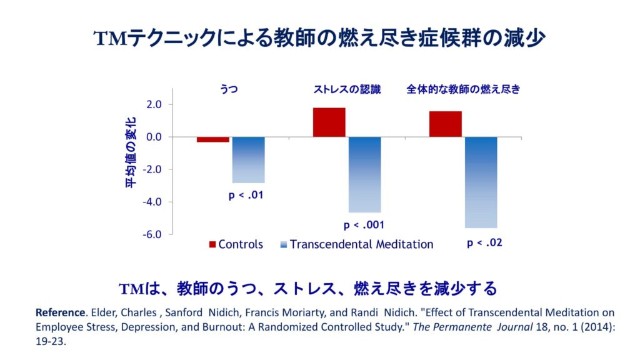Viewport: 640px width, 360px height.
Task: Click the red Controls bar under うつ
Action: [x=212, y=139]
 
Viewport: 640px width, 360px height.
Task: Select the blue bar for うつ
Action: [x=248, y=159]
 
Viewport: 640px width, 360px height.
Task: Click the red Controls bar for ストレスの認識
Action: [x=329, y=122]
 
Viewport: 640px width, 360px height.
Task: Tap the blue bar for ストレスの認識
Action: [x=364, y=174]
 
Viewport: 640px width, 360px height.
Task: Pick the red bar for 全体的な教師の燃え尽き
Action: [x=445, y=124]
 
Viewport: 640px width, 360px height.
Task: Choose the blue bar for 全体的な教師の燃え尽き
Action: [x=481, y=182]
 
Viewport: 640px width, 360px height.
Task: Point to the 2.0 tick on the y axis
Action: [x=154, y=104]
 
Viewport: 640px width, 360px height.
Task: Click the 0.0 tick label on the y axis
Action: [x=154, y=137]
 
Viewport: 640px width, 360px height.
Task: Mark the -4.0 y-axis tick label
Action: [x=152, y=202]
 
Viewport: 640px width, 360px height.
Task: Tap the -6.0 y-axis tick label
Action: [x=152, y=234]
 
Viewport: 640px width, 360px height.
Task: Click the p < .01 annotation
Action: [x=246, y=196]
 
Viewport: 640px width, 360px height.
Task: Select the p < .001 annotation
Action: [x=364, y=225]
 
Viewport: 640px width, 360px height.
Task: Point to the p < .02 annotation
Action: [x=484, y=243]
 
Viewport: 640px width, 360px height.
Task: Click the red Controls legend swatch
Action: [x=212, y=244]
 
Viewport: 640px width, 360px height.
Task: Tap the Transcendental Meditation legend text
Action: [x=361, y=244]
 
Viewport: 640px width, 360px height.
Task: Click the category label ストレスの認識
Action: [x=347, y=89]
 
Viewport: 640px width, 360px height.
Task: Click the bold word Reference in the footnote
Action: [x=59, y=312]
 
